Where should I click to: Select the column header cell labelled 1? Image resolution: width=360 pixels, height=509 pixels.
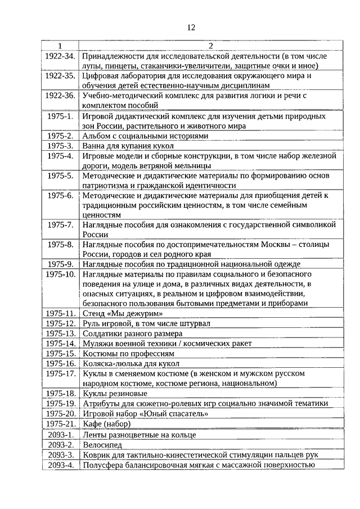[x=60, y=46]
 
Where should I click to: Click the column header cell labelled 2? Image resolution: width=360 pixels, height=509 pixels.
[x=210, y=46]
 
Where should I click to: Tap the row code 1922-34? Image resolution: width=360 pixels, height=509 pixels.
[x=60, y=56]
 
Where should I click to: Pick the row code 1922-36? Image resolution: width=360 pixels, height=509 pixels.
[x=60, y=96]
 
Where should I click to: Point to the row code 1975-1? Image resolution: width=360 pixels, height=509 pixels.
[x=60, y=116]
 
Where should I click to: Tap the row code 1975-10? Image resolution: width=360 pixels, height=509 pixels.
[x=60, y=273]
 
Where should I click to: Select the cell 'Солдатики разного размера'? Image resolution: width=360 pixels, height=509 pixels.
[x=133, y=333]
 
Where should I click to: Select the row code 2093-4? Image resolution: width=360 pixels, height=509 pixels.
[x=60, y=465]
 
